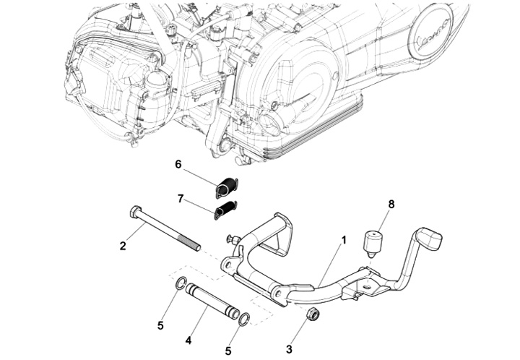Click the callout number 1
pos(344,239)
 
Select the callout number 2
pos(123,246)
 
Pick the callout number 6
pos(178,164)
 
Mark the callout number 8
pos(391,205)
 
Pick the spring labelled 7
pos(225,210)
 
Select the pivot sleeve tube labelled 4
pos(211,301)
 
